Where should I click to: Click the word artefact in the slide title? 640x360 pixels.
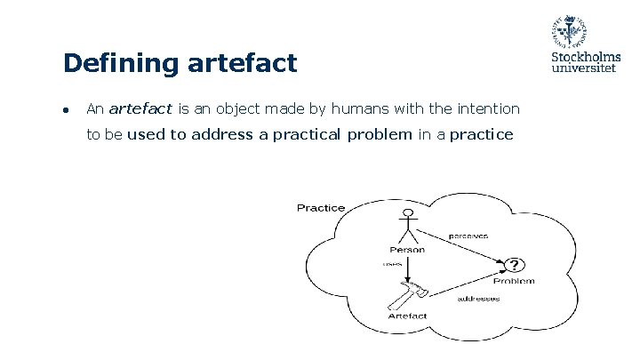[x=242, y=63]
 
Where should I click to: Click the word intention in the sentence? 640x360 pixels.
[x=484, y=109]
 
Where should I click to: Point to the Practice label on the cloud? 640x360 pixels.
[x=321, y=208]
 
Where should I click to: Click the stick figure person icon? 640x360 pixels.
[x=407, y=226]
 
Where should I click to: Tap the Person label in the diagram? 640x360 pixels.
[x=407, y=250]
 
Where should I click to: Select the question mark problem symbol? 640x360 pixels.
[x=515, y=265]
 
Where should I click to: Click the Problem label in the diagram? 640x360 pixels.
[x=515, y=281]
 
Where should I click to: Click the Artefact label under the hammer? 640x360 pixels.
[x=407, y=316]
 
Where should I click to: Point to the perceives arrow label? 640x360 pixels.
[x=468, y=236]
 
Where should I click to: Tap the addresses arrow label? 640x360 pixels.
[x=478, y=299]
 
